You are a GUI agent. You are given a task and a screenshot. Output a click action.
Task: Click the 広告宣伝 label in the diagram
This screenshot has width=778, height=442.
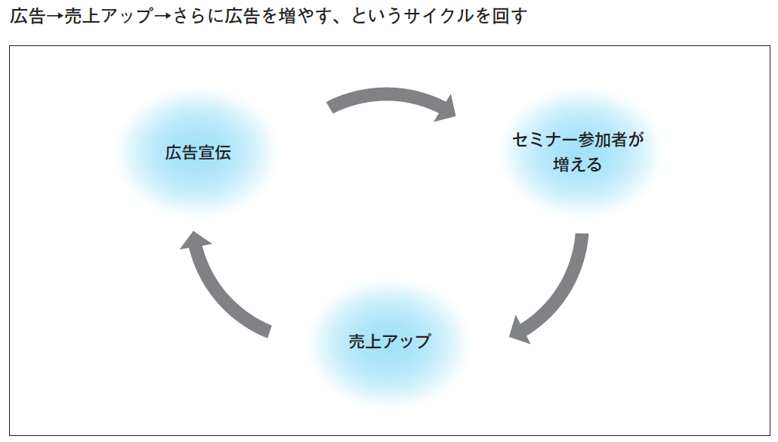point(198,153)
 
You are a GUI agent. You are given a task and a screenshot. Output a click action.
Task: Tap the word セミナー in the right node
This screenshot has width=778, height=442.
point(545,140)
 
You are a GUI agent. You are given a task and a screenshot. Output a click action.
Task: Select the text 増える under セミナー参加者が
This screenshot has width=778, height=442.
point(578,164)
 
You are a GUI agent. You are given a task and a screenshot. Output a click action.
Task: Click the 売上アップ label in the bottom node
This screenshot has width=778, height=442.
point(390,342)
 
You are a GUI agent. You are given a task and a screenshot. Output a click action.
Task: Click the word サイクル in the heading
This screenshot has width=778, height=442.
point(438,17)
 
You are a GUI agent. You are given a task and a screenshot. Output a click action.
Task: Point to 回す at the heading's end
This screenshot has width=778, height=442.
point(509,17)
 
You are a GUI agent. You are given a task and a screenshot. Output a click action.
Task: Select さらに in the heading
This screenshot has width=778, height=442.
point(198,17)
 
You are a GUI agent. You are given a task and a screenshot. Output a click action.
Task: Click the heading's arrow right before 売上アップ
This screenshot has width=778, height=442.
point(55,17)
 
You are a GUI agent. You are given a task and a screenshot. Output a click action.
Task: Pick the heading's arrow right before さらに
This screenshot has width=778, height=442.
point(162,17)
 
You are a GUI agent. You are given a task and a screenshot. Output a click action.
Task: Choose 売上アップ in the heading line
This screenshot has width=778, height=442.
point(109,17)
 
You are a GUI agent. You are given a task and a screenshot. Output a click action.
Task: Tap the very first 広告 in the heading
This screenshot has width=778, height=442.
point(28,17)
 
